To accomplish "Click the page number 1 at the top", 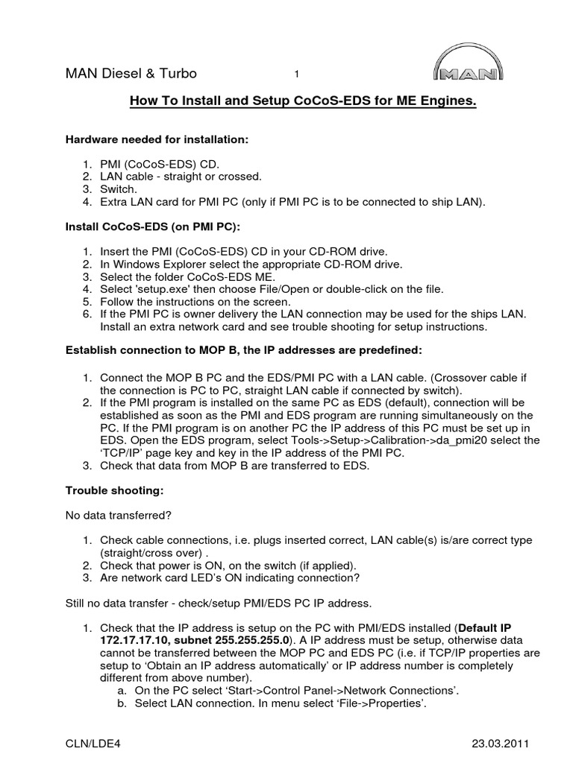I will pyautogui.click(x=297, y=74).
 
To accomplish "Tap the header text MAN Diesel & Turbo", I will pyautogui.click(x=131, y=74).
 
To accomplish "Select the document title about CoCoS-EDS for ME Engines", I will pyautogui.click(x=303, y=101).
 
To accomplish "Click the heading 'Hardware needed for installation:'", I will pyautogui.click(x=157, y=139).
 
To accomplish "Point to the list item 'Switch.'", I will pyautogui.click(x=119, y=189).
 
